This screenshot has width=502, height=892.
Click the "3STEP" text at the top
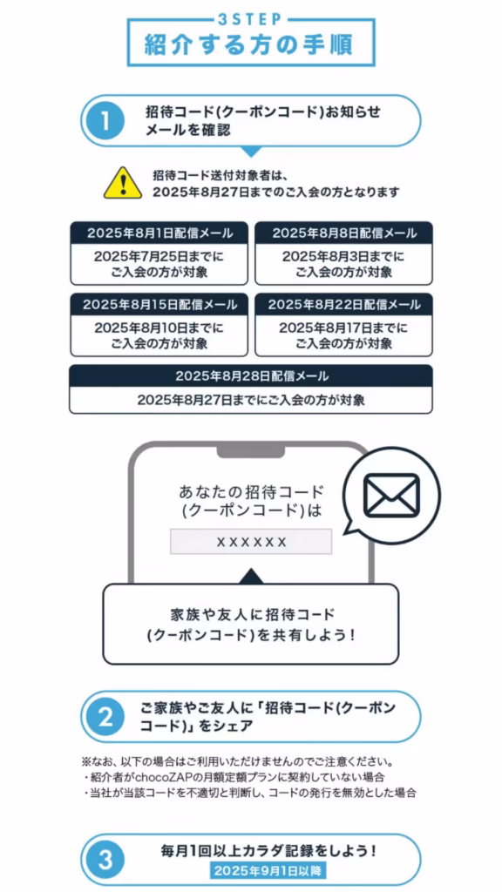(x=250, y=19)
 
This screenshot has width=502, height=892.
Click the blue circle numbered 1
(x=105, y=120)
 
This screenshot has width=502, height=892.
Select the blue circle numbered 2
(x=105, y=718)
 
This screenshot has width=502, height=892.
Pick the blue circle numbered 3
(x=105, y=860)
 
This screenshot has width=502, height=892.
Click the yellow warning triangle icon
(x=123, y=183)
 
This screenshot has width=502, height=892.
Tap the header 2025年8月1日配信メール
(x=159, y=233)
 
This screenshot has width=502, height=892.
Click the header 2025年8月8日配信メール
(x=343, y=233)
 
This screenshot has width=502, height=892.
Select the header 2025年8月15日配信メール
(x=159, y=304)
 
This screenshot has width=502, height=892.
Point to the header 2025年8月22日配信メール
(x=343, y=304)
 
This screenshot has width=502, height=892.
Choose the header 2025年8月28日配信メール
(x=251, y=375)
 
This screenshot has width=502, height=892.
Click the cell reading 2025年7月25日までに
(x=159, y=257)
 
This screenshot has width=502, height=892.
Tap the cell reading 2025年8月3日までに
(x=343, y=257)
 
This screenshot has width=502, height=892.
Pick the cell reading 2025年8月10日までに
(x=159, y=328)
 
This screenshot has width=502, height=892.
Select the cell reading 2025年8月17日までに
(x=343, y=328)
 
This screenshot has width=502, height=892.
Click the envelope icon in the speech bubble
(x=391, y=495)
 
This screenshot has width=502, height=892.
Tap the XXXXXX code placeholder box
(x=251, y=541)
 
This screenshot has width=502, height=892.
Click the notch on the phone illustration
(x=250, y=450)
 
